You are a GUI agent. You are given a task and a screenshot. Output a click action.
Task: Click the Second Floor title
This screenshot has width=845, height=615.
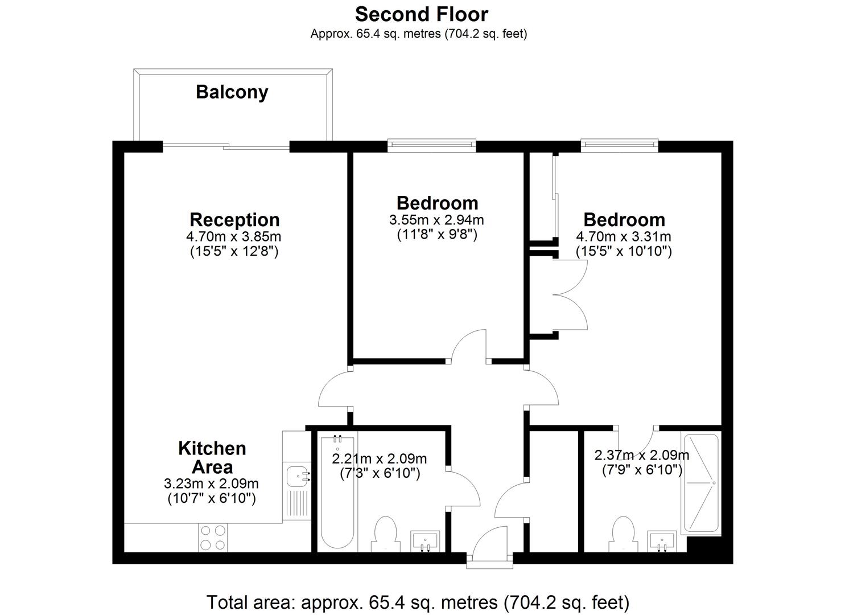(422, 14)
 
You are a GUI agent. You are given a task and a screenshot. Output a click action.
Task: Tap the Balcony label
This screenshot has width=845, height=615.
(232, 92)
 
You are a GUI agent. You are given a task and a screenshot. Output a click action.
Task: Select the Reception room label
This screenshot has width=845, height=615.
(234, 220)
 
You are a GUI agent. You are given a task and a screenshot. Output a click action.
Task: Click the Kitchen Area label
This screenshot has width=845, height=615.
(212, 458)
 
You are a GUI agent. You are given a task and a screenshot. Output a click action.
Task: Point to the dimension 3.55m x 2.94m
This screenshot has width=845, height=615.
(436, 220)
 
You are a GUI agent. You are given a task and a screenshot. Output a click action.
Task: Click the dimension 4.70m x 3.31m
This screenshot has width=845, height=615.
(623, 237)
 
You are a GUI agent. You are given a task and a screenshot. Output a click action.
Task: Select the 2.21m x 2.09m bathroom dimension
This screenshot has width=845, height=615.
(379, 459)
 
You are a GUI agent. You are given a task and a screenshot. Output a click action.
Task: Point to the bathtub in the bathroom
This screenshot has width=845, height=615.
(337, 493)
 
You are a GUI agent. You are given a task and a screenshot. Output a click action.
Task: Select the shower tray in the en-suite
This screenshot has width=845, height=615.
(700, 483)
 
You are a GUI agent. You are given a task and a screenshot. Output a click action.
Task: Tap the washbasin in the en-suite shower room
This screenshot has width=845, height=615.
(662, 542)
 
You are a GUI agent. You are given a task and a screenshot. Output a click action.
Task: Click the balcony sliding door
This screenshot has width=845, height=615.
(226, 146)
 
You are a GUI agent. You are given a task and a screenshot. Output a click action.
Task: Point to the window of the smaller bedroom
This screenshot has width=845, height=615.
(432, 145)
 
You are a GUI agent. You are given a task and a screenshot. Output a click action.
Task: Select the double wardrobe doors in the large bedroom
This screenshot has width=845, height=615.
(570, 295)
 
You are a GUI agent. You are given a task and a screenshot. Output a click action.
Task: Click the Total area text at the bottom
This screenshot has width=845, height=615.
(418, 602)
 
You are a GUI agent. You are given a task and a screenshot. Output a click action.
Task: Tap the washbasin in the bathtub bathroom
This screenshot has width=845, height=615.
(425, 542)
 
